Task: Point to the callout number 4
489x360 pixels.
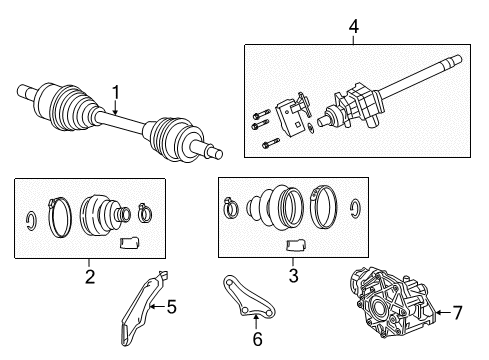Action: (x=352, y=28)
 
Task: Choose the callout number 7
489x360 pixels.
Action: (x=459, y=314)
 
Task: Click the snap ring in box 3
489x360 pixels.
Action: (x=355, y=208)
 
